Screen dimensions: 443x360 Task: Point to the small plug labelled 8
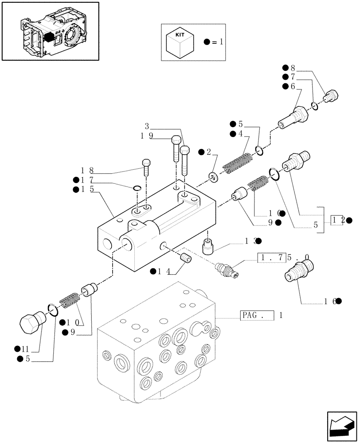coord(331,95)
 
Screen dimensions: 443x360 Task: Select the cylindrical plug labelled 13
coord(208,246)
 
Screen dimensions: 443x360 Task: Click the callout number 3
coord(147,126)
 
